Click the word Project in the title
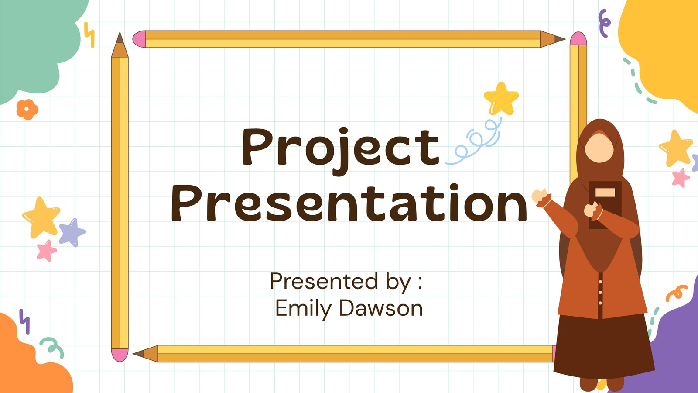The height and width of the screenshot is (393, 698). pos(341,151)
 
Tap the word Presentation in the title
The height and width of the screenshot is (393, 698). pos(349,203)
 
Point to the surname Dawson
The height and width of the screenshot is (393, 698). pos(381,308)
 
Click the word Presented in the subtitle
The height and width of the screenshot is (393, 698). pos(325,281)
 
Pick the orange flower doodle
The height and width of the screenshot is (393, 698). pos(27,110)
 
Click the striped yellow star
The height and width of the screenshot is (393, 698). pos(501,99)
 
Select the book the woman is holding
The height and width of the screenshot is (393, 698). pos(605,205)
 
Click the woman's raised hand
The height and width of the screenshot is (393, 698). pos(540,196)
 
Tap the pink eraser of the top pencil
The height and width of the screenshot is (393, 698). pos(139,39)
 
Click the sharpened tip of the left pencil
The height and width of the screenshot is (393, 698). pos(120,38)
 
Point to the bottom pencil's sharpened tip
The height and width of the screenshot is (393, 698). pos(138,354)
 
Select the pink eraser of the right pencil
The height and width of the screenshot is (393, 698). pos(578,38)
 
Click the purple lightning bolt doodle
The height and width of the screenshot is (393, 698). pos(24,321)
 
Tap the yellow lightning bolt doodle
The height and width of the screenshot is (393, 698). pos(89,34)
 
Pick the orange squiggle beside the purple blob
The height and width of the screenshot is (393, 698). pos(677,293)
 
